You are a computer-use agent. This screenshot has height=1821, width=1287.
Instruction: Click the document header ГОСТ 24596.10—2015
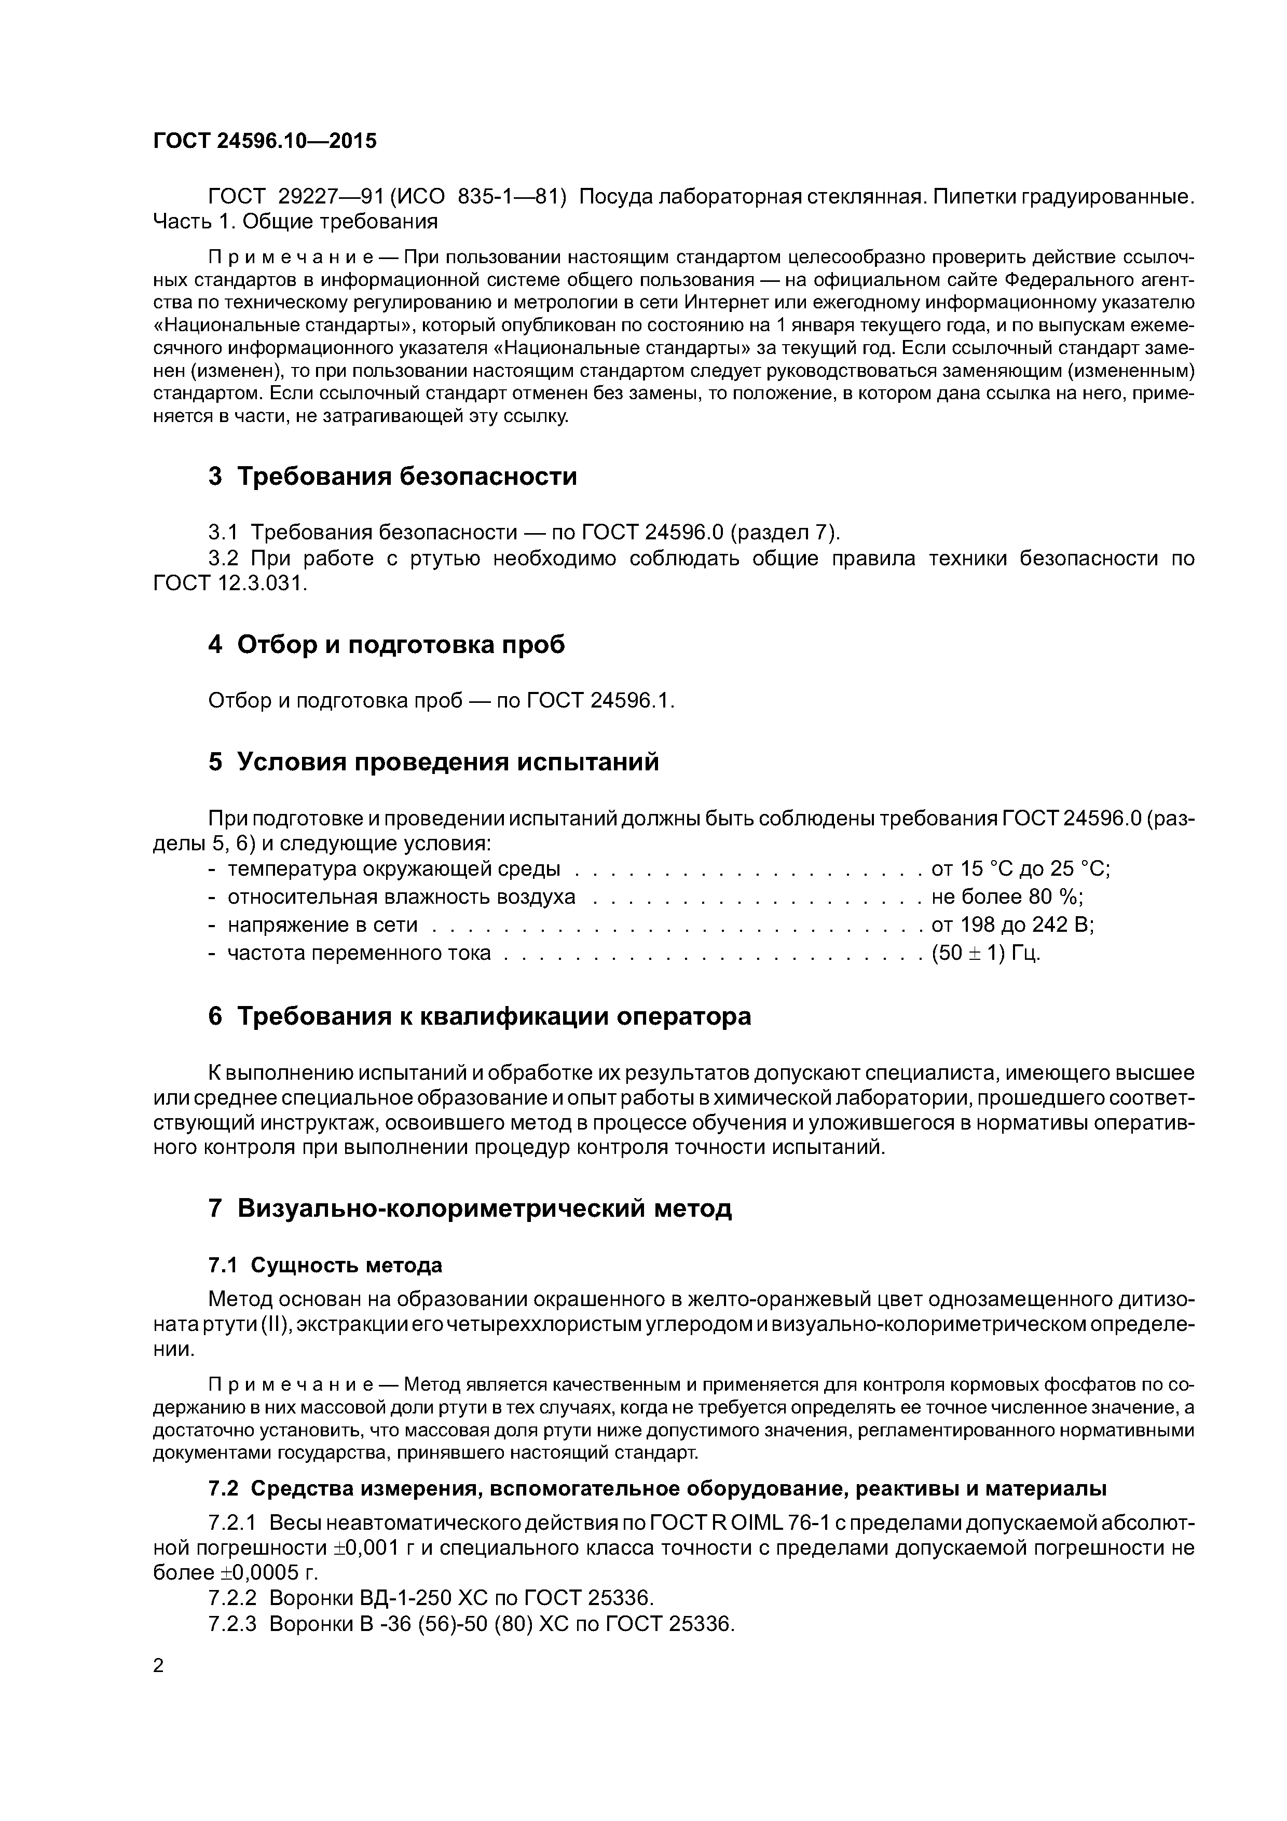pos(265,141)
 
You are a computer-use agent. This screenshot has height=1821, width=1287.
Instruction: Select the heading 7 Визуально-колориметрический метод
pos(470,1208)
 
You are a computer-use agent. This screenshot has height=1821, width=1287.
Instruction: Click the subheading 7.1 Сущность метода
pos(324,1265)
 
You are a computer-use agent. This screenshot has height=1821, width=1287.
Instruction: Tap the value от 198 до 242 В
pos(1012,925)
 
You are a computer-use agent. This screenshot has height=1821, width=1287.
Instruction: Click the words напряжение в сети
pos(322,925)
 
